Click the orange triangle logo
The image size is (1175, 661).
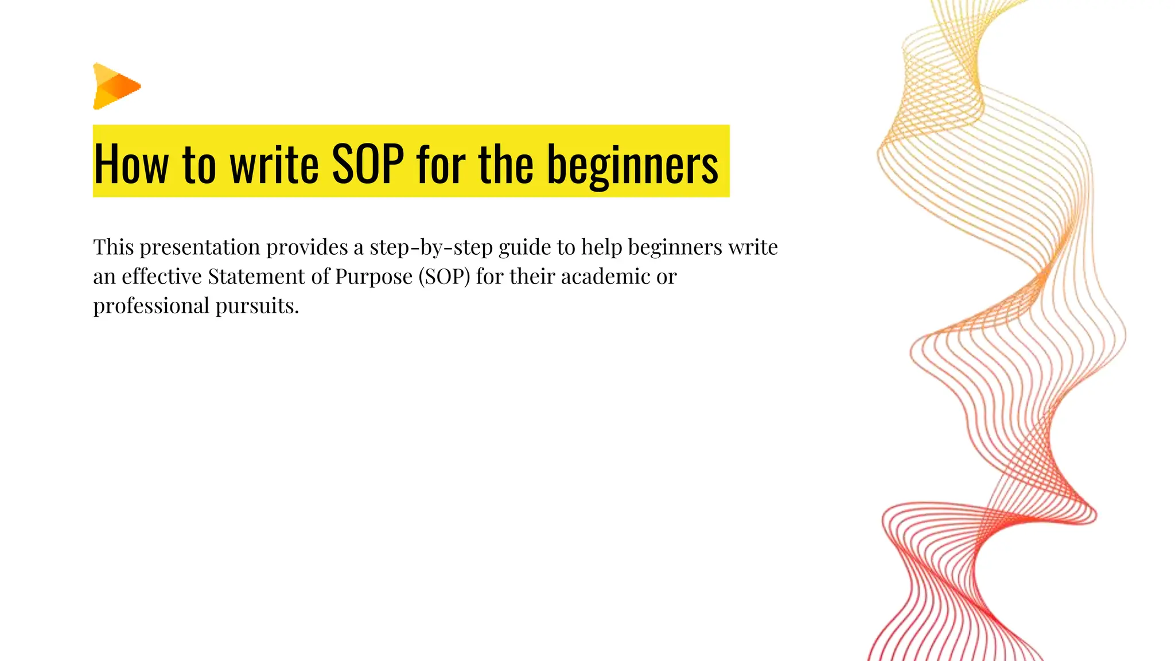tap(116, 86)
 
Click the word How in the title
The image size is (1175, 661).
tap(131, 164)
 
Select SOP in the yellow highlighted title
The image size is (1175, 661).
tap(368, 164)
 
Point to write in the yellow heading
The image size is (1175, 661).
tap(274, 164)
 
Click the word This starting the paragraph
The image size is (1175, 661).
tap(114, 247)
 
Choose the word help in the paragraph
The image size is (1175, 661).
tap(602, 248)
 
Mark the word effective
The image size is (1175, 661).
tap(162, 277)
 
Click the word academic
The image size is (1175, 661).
tap(606, 277)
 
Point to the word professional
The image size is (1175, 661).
tap(151, 306)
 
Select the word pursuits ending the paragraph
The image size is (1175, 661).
tap(257, 306)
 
